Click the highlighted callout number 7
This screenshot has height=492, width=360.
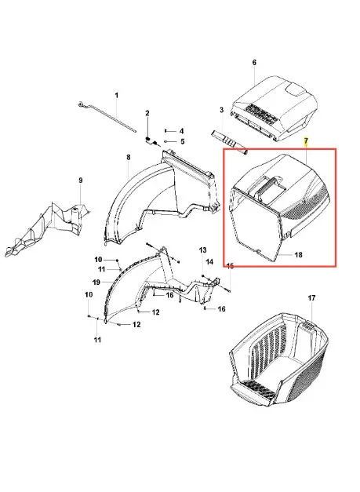click(x=306, y=141)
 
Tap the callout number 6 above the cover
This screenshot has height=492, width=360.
click(x=254, y=63)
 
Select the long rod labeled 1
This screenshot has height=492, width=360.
click(x=107, y=117)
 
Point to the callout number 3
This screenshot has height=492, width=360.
click(x=222, y=110)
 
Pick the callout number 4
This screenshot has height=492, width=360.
click(x=181, y=131)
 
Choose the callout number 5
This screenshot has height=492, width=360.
click(x=183, y=141)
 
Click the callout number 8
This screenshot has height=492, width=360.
click(x=129, y=157)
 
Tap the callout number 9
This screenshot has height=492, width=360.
click(x=81, y=180)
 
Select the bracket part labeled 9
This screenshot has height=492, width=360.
click(x=47, y=228)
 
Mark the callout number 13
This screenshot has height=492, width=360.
click(x=202, y=250)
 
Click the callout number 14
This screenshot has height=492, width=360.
click(x=209, y=262)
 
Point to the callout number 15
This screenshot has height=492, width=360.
click(x=230, y=266)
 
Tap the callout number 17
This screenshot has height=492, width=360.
click(x=311, y=297)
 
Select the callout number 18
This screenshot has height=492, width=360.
click(x=298, y=254)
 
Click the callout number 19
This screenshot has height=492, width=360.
click(x=96, y=282)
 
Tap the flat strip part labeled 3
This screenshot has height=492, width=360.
click(x=229, y=142)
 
